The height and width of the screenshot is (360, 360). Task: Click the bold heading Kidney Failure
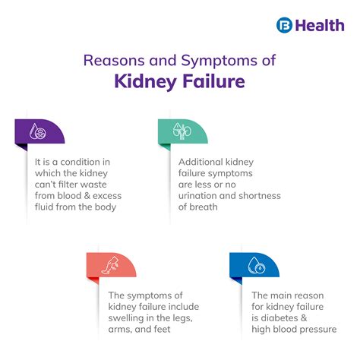180,81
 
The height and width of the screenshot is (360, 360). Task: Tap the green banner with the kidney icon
182,131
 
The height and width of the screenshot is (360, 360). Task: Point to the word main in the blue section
276,296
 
